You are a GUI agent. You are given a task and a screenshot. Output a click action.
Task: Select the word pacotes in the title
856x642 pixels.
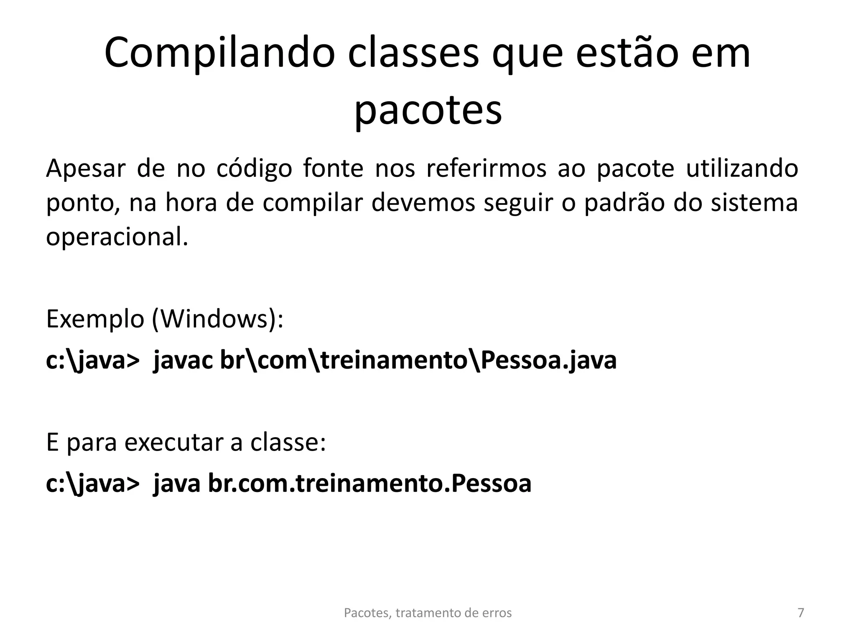(x=428, y=111)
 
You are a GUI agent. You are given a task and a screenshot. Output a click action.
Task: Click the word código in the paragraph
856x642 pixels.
(x=254, y=168)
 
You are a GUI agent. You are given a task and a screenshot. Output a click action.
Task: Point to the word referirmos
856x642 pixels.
(x=486, y=168)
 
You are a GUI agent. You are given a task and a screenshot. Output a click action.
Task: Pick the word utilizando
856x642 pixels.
(x=742, y=168)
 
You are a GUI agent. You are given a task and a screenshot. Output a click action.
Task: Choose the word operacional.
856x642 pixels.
(x=117, y=237)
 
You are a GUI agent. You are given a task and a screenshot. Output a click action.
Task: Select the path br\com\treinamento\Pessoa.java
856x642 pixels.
(x=418, y=360)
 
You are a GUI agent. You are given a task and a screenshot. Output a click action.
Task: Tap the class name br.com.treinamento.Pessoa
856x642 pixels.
(x=369, y=484)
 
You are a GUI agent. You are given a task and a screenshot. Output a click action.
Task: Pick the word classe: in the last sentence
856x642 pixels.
(x=288, y=443)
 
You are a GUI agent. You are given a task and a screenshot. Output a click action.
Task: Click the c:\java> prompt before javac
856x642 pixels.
(x=92, y=360)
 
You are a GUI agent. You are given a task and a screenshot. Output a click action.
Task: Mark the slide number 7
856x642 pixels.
(x=801, y=613)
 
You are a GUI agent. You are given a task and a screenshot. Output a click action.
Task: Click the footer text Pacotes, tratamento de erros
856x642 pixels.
(x=428, y=613)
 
